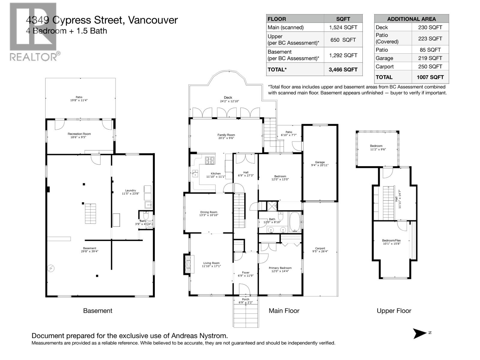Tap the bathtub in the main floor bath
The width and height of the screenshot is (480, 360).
tap(295, 222)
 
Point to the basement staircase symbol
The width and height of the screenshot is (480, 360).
tap(90, 214)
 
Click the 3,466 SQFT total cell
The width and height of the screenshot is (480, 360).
tap(343, 70)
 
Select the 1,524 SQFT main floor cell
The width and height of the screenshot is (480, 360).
tap(343, 27)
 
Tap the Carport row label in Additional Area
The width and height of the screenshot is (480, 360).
tap(385, 67)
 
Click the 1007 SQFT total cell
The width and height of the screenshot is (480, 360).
tap(430, 77)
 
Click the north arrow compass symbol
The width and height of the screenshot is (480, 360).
tap(420, 333)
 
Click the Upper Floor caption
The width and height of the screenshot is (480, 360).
tap(394, 311)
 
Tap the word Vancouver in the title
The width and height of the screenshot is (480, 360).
tap(153, 20)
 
